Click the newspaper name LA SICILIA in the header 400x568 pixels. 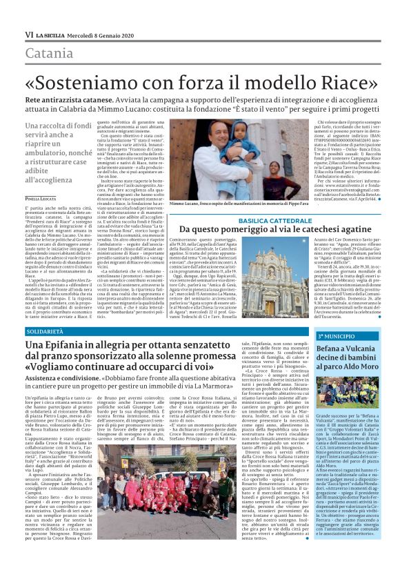(52, 35)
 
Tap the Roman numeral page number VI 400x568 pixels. (29, 35)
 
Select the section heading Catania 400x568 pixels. (49, 52)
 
